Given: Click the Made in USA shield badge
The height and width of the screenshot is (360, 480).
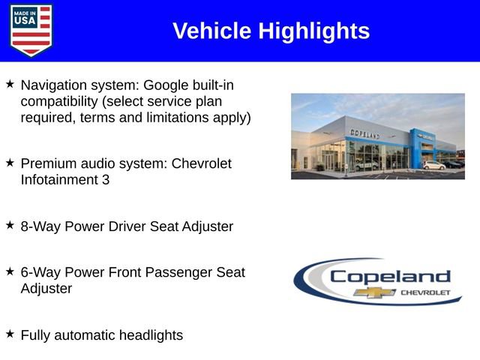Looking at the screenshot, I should pos(31,30).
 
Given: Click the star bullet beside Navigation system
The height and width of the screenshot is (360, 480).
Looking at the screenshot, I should pos(10,85).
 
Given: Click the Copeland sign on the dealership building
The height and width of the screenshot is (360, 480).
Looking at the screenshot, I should pos(364,133).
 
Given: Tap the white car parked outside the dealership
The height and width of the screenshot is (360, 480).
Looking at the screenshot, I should pos(433,164).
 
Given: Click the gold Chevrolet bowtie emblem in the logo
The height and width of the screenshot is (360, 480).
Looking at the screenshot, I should pos(370,292).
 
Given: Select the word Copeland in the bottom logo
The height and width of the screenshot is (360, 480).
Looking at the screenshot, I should pos(390,276).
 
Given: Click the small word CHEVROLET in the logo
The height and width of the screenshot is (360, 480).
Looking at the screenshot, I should pos(424,292).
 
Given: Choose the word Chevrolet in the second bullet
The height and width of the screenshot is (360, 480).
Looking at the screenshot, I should pos(202,163).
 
